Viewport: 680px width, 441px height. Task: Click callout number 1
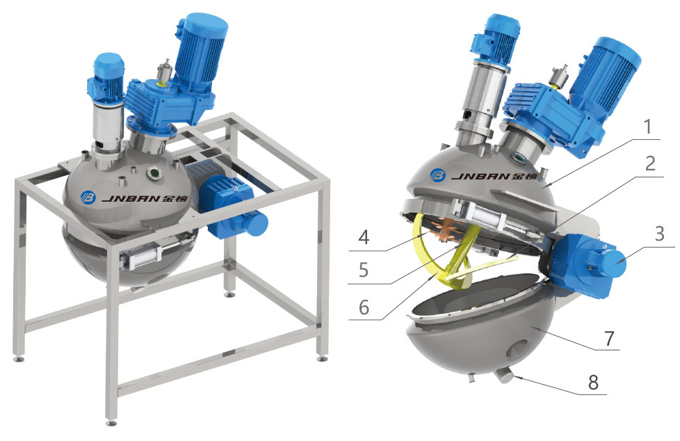tap(647, 127)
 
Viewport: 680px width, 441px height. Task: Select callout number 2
tap(650, 163)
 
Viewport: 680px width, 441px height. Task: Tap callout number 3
tap(659, 234)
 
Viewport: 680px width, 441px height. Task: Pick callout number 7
tap(609, 338)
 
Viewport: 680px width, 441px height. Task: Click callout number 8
tap(593, 382)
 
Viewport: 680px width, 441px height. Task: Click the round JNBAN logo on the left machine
tap(88, 197)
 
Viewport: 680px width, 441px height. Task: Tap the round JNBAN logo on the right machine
tap(438, 175)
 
